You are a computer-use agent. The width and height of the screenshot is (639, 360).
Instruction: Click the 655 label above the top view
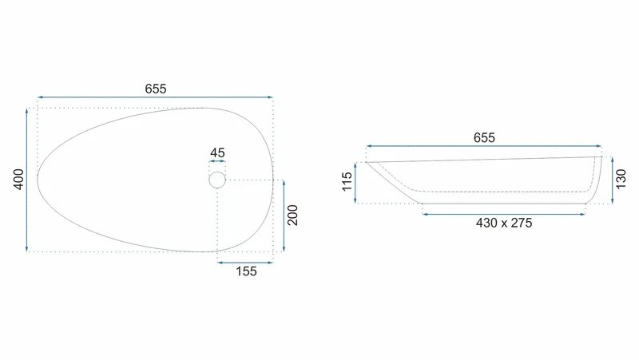pos(156,89)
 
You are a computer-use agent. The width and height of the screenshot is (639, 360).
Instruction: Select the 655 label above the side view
pos(484,137)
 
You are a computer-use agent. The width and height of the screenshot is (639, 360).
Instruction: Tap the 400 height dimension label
pos(18,179)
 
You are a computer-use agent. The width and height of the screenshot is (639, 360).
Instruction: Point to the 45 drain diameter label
pos(217,152)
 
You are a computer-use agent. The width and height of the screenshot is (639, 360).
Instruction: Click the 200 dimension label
pos(292,216)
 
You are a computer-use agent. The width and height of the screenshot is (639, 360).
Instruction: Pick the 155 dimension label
pos(246,271)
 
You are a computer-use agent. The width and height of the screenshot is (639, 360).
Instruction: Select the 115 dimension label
pos(347,182)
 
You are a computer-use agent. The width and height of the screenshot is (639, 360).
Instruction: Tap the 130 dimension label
pos(621,180)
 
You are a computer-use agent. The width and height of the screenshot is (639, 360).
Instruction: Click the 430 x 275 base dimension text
pos(504,223)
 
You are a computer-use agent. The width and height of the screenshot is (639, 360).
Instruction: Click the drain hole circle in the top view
pos(217,172)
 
